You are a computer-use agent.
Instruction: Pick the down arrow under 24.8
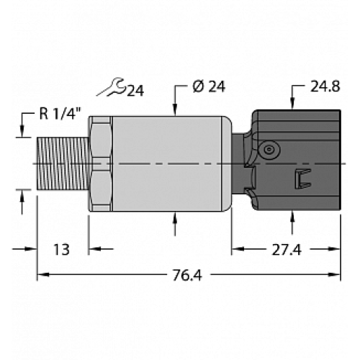tap(292, 104)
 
